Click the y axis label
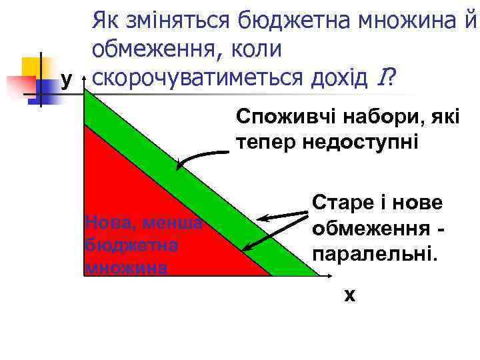click(x=66, y=80)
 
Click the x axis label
click(x=349, y=294)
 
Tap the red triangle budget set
click(x=147, y=220)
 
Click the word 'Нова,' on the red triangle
click(x=107, y=221)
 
